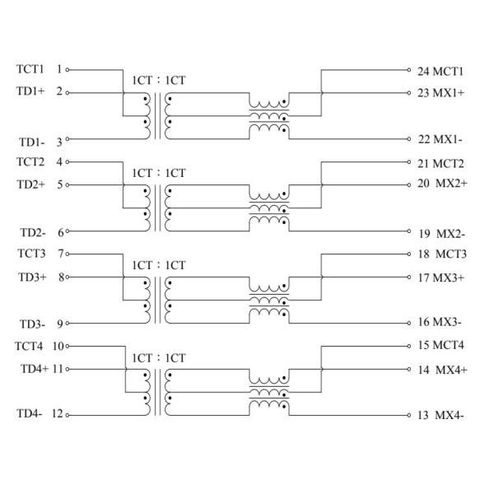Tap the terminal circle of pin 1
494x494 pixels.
click(x=68, y=70)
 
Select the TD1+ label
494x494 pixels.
click(x=30, y=91)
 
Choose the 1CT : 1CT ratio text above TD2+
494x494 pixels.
click(x=158, y=173)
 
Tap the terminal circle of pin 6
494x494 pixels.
click(x=68, y=232)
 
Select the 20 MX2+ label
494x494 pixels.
click(x=443, y=183)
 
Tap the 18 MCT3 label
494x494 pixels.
click(x=441, y=254)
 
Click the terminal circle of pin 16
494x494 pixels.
click(x=408, y=324)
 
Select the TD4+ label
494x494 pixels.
click(x=34, y=368)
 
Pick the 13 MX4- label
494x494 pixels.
click(x=440, y=415)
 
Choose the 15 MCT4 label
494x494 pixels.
click(x=441, y=346)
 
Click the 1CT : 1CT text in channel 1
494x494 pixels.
click(x=158, y=81)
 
